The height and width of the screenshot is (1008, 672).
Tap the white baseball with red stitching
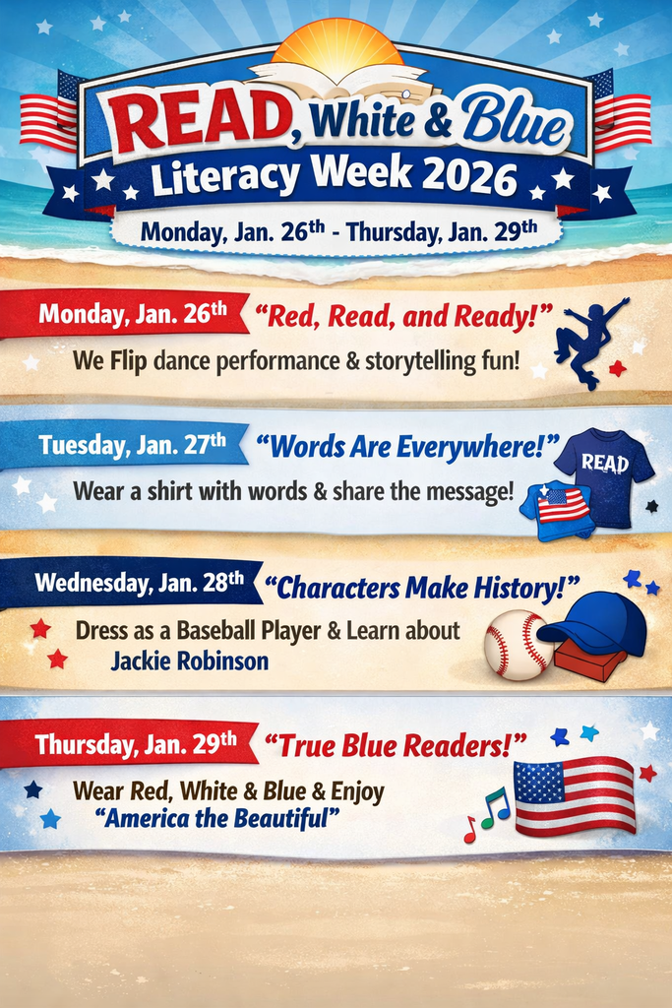518,645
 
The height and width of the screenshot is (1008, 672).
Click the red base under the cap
589,661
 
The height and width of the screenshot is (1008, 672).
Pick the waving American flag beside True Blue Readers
575,795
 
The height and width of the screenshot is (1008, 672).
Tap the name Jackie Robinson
190,661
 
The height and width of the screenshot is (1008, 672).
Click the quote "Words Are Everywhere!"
407,448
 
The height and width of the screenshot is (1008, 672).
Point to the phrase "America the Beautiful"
216,819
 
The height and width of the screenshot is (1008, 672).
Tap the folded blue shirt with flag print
556,509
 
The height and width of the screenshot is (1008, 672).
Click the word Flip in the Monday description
128,361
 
